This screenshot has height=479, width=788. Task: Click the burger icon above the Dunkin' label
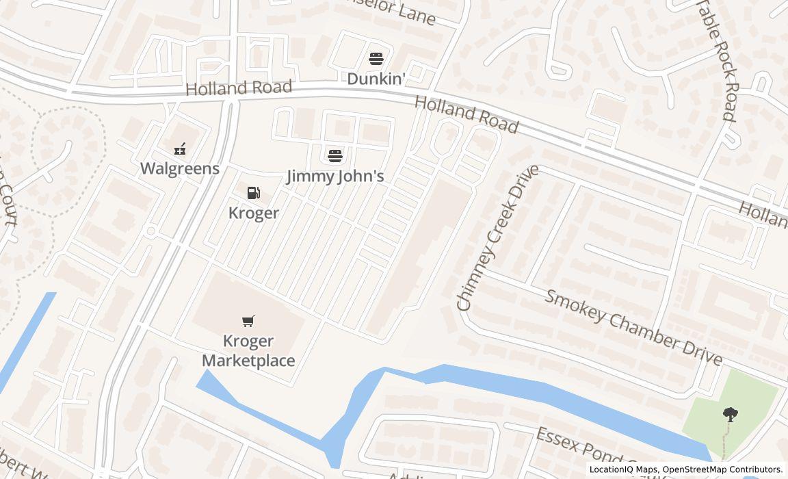coord(376,58)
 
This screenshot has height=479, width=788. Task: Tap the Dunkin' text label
coord(376,79)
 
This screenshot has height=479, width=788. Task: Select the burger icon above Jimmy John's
coord(334,155)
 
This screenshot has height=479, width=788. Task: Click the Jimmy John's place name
coord(334,177)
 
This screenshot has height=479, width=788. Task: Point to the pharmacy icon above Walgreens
coord(180,148)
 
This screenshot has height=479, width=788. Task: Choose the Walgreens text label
coord(180,168)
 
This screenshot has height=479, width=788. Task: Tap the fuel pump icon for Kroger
coord(253,193)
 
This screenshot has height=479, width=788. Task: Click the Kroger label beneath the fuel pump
coord(253,213)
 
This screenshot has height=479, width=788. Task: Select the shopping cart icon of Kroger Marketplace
coord(248,321)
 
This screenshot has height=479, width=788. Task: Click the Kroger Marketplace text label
coord(248,350)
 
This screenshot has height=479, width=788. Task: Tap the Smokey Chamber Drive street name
coord(633,328)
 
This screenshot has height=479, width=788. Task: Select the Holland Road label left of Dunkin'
coord(239,88)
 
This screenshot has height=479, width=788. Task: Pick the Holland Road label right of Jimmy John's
coord(467,114)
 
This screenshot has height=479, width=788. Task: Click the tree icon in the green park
coord(730,413)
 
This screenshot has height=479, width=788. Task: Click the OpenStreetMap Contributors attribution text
coord(723,469)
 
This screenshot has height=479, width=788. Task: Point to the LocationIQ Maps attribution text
coord(624,469)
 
